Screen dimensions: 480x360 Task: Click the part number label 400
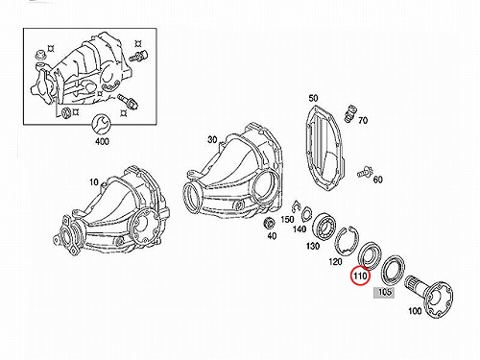coord(102,141)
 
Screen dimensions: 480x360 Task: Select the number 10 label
coord(93,182)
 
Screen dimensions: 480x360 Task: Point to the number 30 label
coord(212,139)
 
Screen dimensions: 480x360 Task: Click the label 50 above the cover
coord(313,98)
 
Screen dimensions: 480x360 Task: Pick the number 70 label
coord(363,120)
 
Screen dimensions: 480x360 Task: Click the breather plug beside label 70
coord(349,113)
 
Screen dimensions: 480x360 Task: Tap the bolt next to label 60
coord(365,172)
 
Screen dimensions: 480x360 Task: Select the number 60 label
coord(378,180)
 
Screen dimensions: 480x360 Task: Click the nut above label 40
coord(269,223)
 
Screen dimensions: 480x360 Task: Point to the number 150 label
coord(287,219)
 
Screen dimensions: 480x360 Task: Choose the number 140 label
coord(300,229)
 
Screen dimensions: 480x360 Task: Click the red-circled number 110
coord(360,276)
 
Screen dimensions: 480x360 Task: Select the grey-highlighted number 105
coord(385,292)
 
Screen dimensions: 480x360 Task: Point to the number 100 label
coord(415,310)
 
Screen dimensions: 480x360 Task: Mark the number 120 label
coord(335,262)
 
